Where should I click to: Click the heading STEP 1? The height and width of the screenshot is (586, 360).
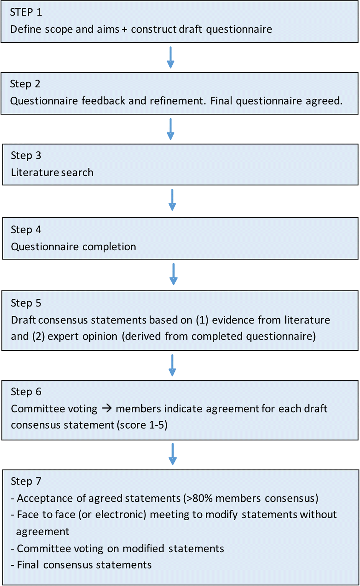click(x=26, y=12)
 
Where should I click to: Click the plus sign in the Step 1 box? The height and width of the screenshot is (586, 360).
click(x=124, y=29)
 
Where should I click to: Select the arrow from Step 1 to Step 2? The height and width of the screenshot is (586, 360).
click(x=170, y=57)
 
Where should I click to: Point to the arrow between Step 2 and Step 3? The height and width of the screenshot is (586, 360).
click(x=170, y=129)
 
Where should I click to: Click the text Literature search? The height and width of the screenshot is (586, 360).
click(x=52, y=172)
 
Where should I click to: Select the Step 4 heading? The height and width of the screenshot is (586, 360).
click(x=26, y=230)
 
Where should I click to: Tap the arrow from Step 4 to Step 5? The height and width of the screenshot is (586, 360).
click(x=173, y=274)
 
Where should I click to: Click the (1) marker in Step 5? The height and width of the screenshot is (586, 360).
click(x=202, y=320)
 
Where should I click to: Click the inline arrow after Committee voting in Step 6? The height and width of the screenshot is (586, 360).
click(x=107, y=408)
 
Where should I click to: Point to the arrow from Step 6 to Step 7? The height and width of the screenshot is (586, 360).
click(x=172, y=454)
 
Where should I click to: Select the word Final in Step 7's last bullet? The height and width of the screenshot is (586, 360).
click(x=28, y=565)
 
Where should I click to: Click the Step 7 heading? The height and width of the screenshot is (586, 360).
click(x=26, y=481)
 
